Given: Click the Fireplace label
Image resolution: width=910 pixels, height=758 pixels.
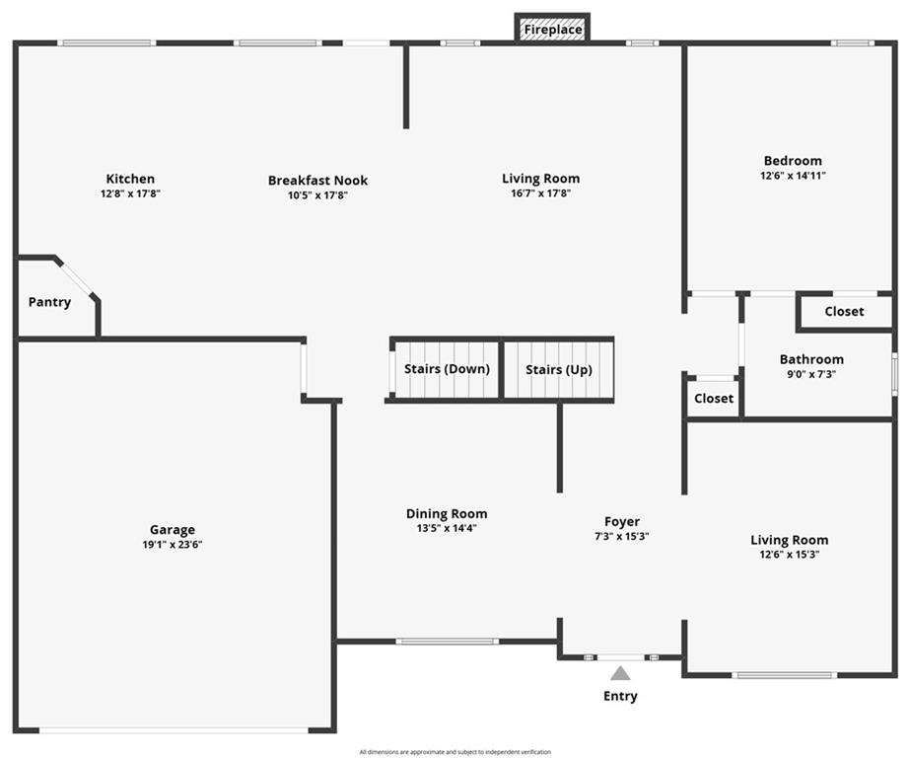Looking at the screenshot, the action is (x=552, y=29).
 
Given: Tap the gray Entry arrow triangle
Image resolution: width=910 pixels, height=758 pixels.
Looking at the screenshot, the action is (x=620, y=674).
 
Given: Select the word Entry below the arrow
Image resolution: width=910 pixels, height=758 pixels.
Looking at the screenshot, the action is (x=620, y=696).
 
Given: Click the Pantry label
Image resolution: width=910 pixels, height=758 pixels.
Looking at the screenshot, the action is (x=50, y=302).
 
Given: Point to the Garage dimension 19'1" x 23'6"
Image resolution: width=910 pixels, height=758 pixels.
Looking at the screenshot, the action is (x=173, y=544).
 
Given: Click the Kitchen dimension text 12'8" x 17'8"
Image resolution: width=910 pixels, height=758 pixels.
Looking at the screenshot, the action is (x=130, y=193).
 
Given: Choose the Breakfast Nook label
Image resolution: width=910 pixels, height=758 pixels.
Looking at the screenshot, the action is (x=318, y=181).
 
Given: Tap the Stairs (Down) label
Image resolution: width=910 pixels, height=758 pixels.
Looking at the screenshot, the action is (x=447, y=369).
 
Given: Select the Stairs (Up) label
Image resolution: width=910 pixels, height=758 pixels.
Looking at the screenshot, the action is (x=559, y=370).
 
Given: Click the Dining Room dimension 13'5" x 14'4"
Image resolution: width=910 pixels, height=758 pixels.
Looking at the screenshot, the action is (x=447, y=528).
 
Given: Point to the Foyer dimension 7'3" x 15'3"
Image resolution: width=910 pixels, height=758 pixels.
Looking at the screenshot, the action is (x=621, y=536).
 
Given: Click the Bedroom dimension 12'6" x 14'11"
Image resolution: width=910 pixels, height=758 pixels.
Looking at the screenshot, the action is (x=793, y=176).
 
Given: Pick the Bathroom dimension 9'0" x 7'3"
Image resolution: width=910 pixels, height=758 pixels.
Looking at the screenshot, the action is (x=811, y=374).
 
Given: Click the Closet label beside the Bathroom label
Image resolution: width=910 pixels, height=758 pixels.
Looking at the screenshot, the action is (x=844, y=311).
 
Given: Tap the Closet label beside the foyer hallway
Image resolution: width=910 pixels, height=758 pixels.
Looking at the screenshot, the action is (x=714, y=399).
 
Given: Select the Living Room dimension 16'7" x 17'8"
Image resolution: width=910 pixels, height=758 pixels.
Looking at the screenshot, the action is (x=541, y=193).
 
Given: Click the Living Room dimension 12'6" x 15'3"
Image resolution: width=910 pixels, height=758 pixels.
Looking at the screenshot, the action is (x=790, y=554).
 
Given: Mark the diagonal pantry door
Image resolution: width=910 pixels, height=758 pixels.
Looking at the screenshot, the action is (x=77, y=280).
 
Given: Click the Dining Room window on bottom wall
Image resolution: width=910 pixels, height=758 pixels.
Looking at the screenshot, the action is (x=448, y=642).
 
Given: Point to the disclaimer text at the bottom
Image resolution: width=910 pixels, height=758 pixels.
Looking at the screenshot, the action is (x=455, y=752).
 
